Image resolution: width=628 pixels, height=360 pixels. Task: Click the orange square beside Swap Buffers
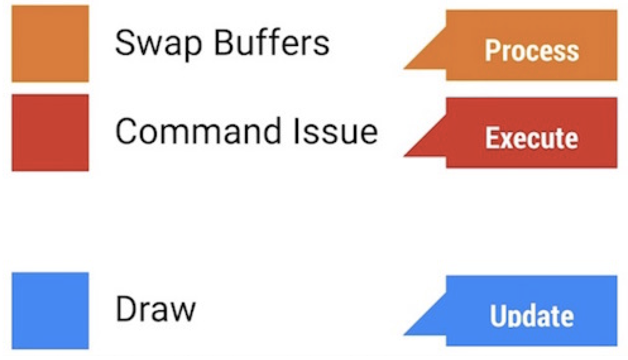coord(50,44)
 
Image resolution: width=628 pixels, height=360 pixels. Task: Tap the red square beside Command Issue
coord(50,133)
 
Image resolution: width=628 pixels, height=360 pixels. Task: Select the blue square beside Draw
coord(50,310)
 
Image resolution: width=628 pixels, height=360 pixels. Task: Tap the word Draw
coord(155,309)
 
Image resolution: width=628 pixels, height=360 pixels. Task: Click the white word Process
coord(531,51)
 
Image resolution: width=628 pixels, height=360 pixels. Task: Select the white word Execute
coord(531,138)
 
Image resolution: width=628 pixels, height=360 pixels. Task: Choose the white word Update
coord(531,316)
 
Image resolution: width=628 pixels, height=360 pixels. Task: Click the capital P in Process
coord(492,51)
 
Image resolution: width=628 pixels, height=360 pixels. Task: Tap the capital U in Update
coord(498,316)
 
